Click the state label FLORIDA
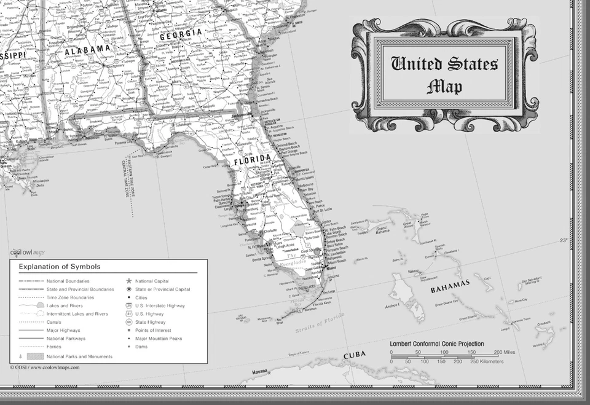tap(252, 159)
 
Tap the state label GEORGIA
tap(181, 34)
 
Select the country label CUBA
tap(355, 355)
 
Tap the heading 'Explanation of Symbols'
tap(60, 267)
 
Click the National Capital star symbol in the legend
tap(129, 280)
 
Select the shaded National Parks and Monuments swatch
tap(34, 356)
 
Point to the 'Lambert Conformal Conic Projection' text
tap(436, 344)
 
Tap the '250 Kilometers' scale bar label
tap(487, 362)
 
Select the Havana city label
tap(260, 372)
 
